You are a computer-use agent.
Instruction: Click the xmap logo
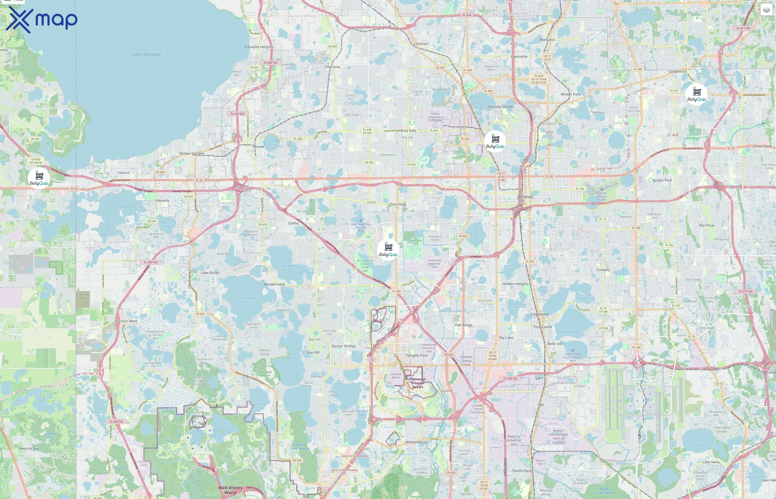tap(42, 19)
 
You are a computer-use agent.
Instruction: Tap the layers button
tap(766, 10)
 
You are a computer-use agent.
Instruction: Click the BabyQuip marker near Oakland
tap(39, 178)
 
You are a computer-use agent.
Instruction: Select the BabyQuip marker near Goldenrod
tap(696, 94)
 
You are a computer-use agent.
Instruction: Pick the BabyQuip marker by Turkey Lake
tap(388, 249)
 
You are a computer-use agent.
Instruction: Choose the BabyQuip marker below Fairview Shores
tap(495, 141)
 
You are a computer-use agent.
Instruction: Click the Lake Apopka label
tap(146, 54)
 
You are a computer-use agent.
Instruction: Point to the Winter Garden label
tap(192, 154)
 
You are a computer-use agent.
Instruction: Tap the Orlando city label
tap(525, 197)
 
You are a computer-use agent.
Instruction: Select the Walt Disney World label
tap(230, 490)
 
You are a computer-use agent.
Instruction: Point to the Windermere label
tap(274, 284)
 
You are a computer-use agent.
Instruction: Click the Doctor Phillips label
tap(344, 346)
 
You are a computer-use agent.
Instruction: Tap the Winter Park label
tap(570, 94)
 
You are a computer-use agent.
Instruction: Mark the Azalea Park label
tap(662, 180)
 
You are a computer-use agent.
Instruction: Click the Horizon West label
tap(126, 321)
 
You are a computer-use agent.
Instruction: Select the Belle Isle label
tap(555, 344)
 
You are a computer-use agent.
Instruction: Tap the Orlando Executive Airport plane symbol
tap(602, 189)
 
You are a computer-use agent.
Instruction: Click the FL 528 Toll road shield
tap(510, 378)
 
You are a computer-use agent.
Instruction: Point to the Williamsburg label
tap(416, 442)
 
